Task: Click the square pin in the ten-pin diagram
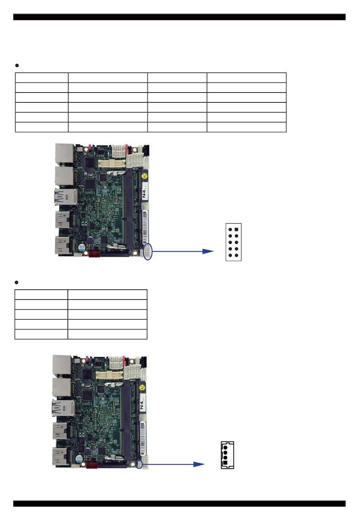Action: coord(236,229)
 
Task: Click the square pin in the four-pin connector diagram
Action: coord(225,463)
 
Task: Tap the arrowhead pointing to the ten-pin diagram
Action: coord(208,251)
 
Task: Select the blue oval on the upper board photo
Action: coord(148,251)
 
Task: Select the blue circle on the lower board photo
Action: coord(139,464)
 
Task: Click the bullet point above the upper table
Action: coord(17,66)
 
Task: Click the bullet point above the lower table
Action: coord(17,282)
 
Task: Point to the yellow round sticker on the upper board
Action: coord(144,176)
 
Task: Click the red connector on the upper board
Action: coord(94,254)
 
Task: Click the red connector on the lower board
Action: coord(91,465)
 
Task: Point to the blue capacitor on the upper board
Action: coord(81,247)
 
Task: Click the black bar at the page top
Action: coord(179,17)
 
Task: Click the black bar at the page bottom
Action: coord(179,504)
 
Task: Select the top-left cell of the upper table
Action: coord(42,77)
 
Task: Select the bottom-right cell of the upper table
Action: coord(246,127)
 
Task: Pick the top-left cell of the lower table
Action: coord(41,295)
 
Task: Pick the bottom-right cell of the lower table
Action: coord(107,334)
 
